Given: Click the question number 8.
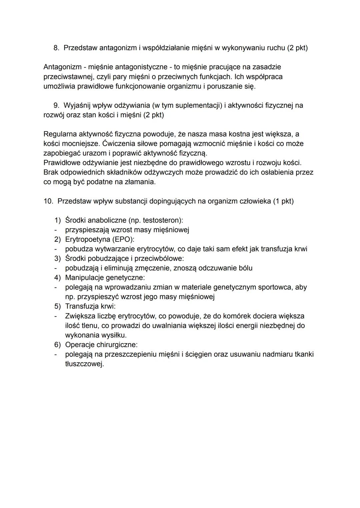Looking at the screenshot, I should click(x=56, y=48).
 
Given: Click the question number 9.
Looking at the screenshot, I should click(x=56, y=106).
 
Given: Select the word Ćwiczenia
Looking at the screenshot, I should click(x=120, y=144).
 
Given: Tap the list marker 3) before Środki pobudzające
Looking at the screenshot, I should click(x=58, y=258).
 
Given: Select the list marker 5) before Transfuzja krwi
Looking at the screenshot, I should click(x=58, y=306).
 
